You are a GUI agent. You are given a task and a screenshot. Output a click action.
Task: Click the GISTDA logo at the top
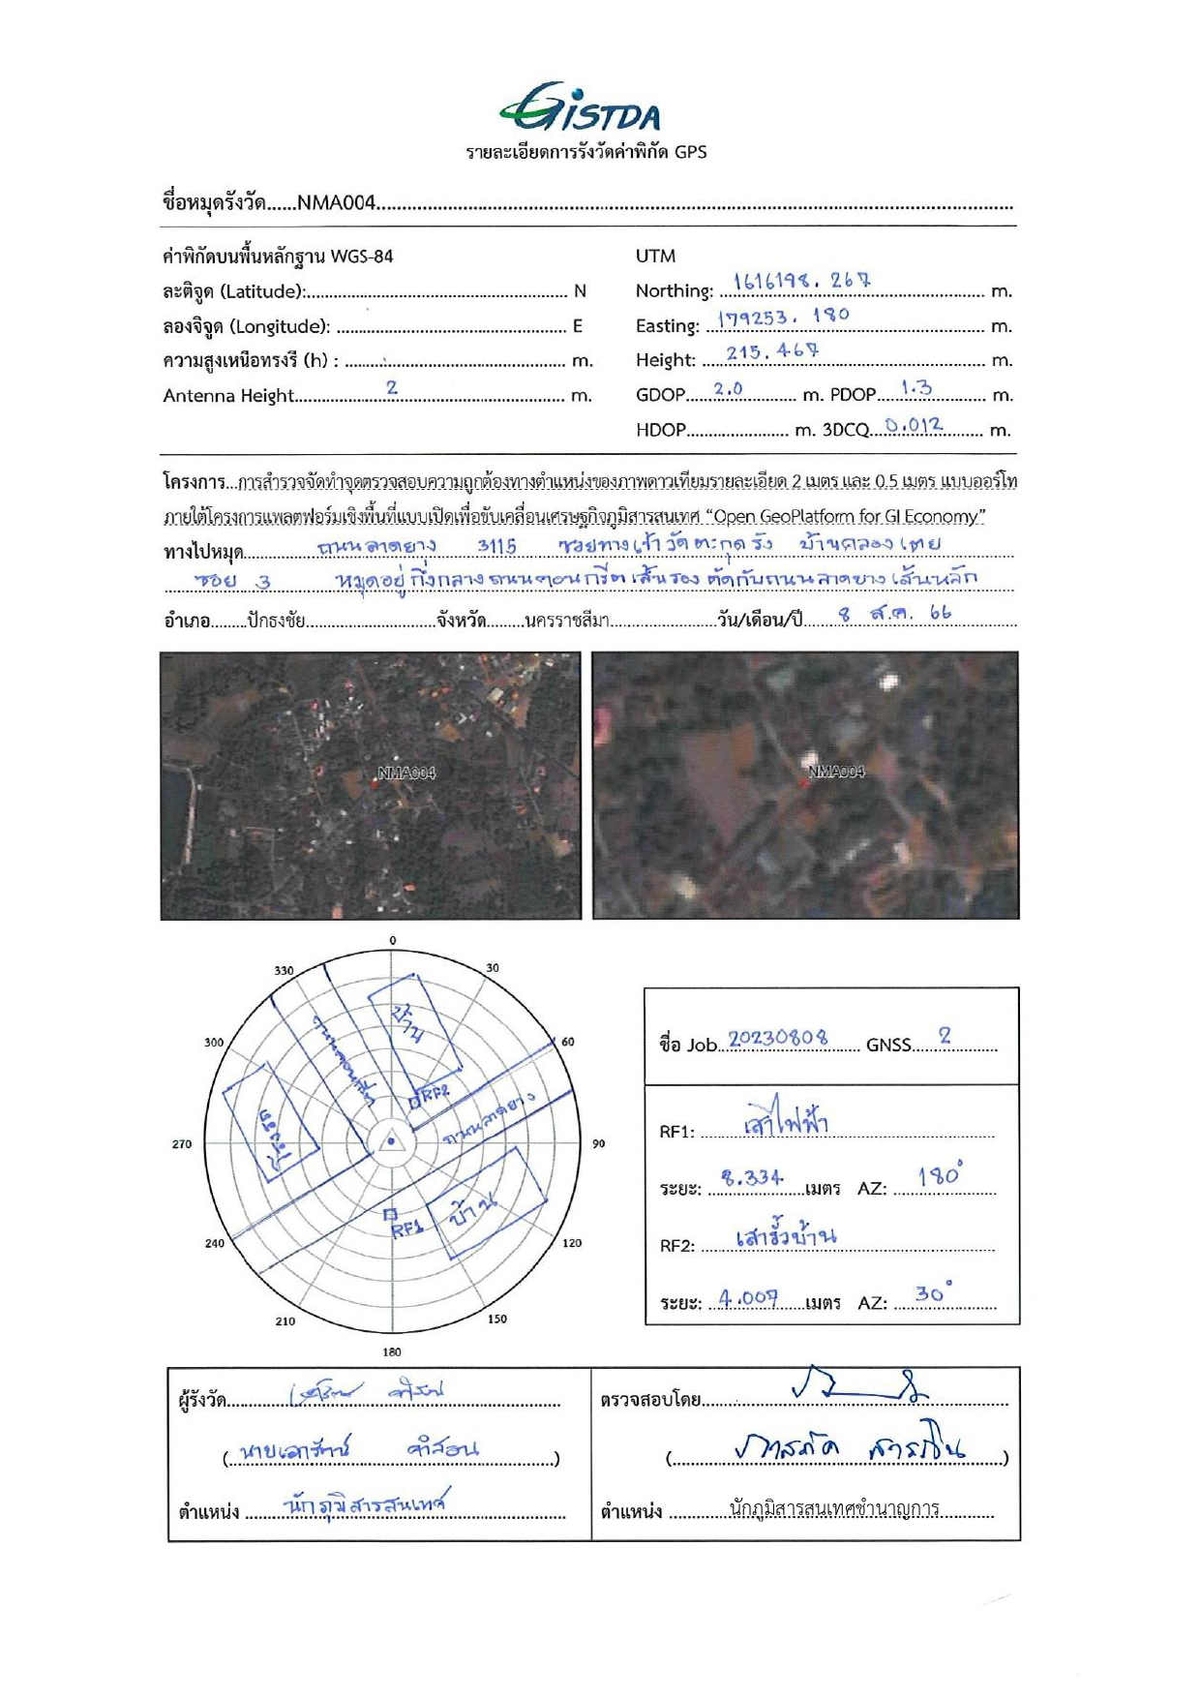(581, 108)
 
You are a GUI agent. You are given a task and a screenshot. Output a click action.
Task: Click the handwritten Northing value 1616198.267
(802, 282)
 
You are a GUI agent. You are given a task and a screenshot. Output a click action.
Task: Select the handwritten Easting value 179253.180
(784, 317)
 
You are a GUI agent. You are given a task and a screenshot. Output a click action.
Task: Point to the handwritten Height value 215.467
(772, 351)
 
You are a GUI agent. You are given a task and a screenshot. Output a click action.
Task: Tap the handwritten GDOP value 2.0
(728, 389)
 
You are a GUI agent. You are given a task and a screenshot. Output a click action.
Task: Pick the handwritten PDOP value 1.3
(916, 388)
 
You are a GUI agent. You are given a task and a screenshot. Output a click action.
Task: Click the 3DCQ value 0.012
(914, 425)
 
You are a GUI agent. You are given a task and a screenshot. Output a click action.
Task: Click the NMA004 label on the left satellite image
(406, 773)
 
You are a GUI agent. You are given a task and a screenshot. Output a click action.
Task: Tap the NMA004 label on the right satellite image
(836, 772)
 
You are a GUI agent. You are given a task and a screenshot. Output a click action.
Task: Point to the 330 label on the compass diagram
(284, 970)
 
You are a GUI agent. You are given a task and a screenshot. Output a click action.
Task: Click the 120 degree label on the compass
(572, 1243)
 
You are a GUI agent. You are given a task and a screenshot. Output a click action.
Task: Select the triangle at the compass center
(391, 1141)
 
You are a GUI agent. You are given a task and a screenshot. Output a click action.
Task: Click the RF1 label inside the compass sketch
(406, 1229)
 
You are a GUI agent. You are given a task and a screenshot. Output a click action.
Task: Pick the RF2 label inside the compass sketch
(435, 1092)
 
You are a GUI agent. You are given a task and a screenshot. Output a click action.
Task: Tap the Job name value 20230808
(778, 1038)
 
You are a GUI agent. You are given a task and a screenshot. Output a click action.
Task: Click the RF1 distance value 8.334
(752, 1177)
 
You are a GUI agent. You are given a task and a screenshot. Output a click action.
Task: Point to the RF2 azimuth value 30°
(933, 1292)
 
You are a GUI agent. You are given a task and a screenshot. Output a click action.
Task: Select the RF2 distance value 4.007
(748, 1297)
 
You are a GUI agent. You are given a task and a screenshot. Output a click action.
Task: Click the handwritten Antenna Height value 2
(392, 387)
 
